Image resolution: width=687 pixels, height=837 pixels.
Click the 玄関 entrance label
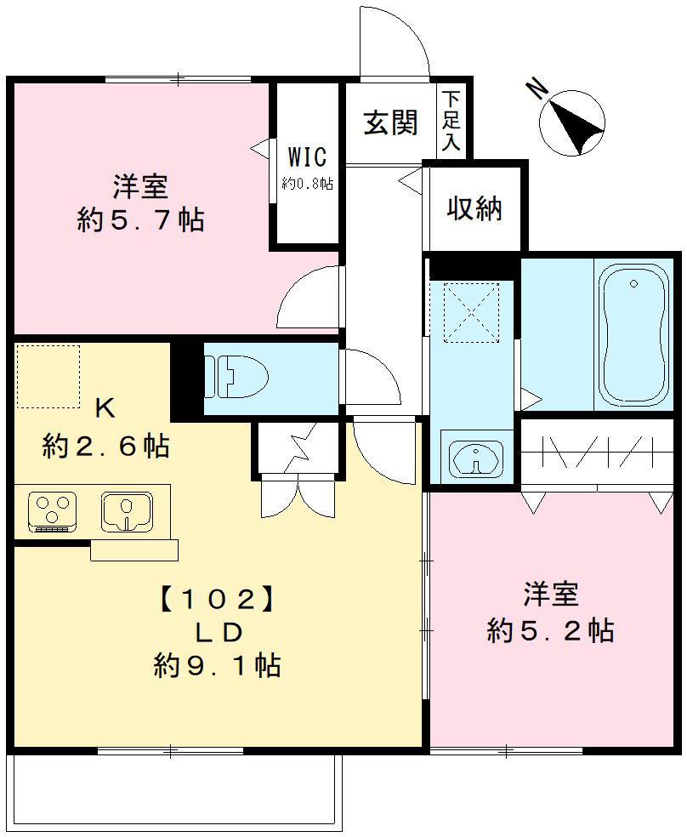(x=390, y=122)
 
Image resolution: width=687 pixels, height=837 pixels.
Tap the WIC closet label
(x=307, y=157)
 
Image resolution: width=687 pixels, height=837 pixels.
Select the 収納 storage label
(x=474, y=208)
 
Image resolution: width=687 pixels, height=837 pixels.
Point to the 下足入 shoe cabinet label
(x=451, y=121)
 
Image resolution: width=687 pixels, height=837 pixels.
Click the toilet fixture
(x=236, y=377)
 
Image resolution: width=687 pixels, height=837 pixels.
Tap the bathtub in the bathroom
(x=633, y=336)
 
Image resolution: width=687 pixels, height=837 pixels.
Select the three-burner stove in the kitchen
(x=52, y=512)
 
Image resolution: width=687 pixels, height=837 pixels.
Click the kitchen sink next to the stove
(x=127, y=511)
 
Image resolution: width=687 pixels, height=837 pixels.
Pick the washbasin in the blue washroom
(x=476, y=458)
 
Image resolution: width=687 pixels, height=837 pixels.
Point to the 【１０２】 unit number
(x=218, y=600)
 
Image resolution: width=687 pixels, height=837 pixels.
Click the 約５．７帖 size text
(x=141, y=219)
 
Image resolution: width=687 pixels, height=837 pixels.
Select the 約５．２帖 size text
(x=550, y=631)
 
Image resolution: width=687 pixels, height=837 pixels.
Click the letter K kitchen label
(x=105, y=409)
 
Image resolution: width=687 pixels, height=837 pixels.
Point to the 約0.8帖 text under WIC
(x=307, y=185)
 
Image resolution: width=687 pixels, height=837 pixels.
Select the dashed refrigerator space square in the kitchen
(x=48, y=376)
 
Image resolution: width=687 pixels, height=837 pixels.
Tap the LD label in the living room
(x=219, y=633)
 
